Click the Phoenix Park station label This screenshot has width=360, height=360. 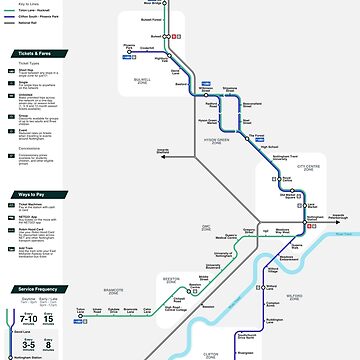pyautogui.click(x=129, y=46)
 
